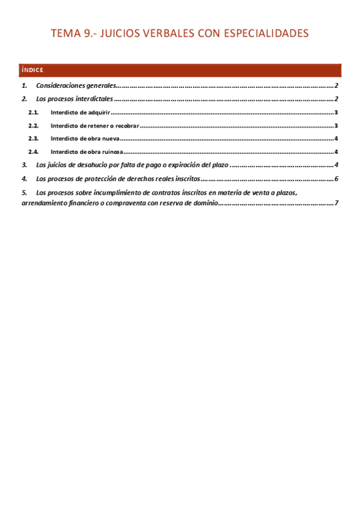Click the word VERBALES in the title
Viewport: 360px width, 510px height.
[x=164, y=33]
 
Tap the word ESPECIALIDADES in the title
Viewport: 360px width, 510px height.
[x=266, y=33]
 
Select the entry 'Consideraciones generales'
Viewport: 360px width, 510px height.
[x=75, y=86]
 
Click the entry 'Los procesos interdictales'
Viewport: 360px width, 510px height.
[x=75, y=99]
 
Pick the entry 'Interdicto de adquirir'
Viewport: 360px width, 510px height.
[x=80, y=112]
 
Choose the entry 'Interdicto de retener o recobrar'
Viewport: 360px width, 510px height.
[x=95, y=126]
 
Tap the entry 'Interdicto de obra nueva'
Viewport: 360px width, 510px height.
[x=85, y=139]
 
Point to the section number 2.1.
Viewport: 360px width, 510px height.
[x=34, y=112]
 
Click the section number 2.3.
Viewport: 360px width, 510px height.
[x=34, y=139]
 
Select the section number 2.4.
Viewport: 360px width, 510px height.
[x=34, y=152]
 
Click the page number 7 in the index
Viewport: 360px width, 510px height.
[x=337, y=203]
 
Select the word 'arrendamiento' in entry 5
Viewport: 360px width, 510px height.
[x=43, y=203]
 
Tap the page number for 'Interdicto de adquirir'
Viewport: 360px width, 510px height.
[x=337, y=112]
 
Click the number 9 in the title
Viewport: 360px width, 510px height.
[x=87, y=33]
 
